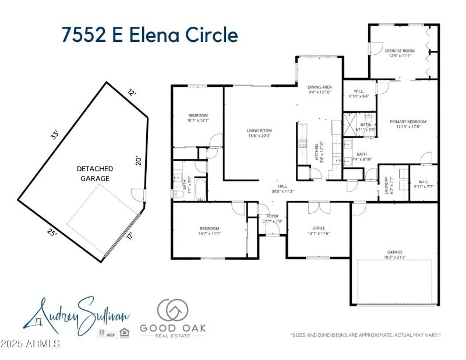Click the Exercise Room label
[401, 51]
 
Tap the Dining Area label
[319, 87]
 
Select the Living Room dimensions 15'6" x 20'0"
[259, 136]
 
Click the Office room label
[319, 228]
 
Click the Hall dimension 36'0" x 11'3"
[283, 191]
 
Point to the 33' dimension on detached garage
[55, 135]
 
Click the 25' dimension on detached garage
[52, 232]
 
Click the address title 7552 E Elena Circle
[150, 34]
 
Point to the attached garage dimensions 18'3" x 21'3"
[394, 255]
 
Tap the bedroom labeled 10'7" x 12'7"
[198, 118]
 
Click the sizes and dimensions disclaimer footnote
[365, 335]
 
